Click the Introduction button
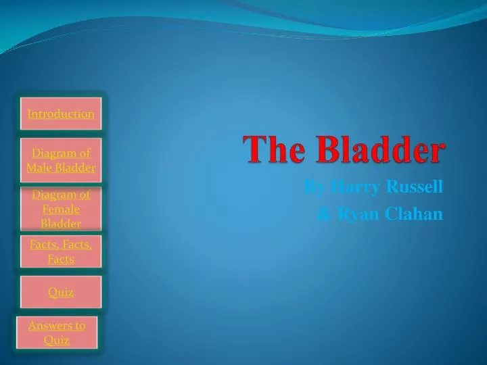point(61,114)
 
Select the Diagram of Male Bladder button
point(61,160)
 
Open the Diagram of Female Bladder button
point(61,210)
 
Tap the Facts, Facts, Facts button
point(61,251)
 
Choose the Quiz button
point(61,292)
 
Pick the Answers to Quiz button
point(57,333)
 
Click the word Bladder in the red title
point(383,149)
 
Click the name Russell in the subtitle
point(414,187)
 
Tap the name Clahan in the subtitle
point(414,214)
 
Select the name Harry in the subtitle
point(356,187)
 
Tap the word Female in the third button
point(61,210)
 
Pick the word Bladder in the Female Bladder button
point(61,224)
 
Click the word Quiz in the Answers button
point(57,340)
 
